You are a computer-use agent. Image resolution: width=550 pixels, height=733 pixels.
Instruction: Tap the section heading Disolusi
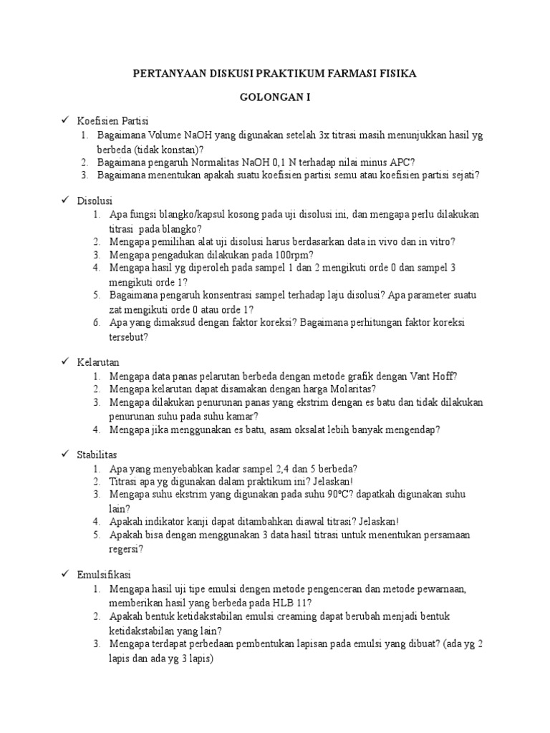click(95, 201)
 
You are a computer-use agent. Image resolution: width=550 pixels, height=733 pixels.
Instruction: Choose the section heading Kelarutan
click(98, 363)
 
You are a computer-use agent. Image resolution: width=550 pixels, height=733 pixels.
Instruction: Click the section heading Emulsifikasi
click(104, 575)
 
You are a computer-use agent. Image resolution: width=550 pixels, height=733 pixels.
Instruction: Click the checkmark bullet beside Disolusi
click(66, 201)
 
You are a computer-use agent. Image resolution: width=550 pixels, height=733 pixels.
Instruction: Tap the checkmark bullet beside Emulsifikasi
click(66, 575)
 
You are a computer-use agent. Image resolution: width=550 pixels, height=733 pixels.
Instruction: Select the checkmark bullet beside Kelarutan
click(66, 363)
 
